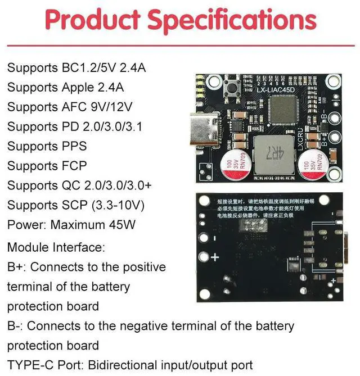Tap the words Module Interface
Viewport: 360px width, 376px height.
click(56, 247)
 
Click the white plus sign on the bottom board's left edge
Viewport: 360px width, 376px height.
click(214, 258)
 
